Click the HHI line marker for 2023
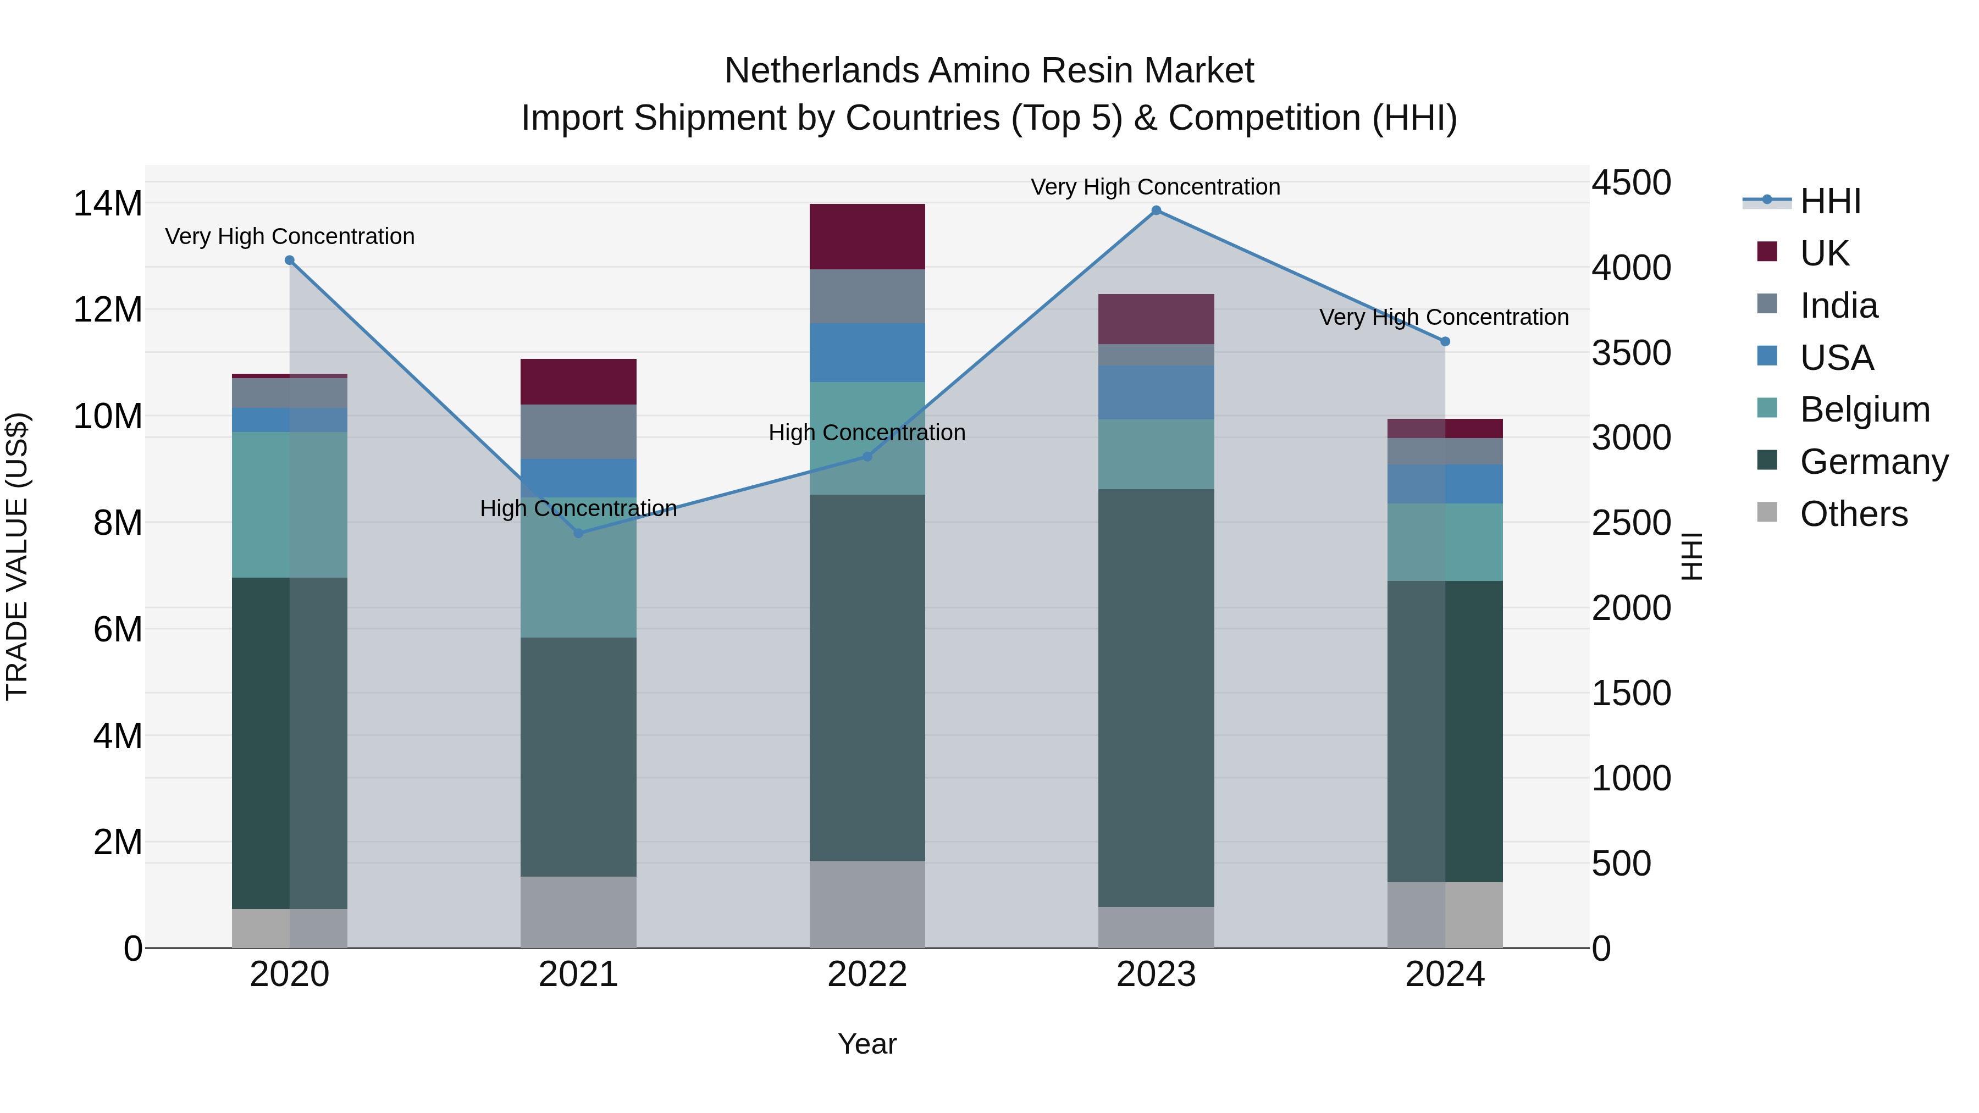1156,211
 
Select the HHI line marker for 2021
578,533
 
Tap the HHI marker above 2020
290,261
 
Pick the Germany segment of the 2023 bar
1156,697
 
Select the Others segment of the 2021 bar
578,912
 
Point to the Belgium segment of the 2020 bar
290,505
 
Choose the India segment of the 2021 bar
578,431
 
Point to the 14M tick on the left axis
108,203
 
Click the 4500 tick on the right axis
1630,183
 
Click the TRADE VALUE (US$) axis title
17,556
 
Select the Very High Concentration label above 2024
1444,317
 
